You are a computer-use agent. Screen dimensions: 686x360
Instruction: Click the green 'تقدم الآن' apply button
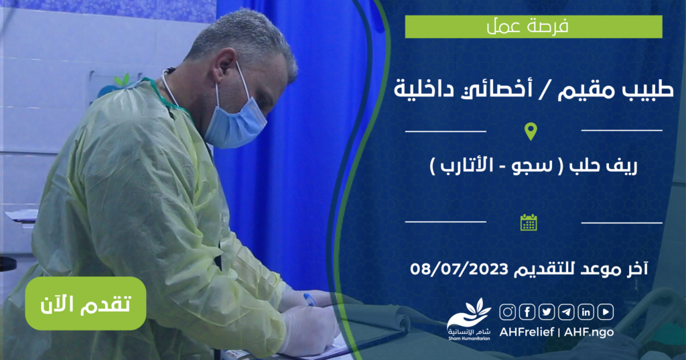point(86,304)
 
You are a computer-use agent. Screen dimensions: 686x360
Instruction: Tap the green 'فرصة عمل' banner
point(533,27)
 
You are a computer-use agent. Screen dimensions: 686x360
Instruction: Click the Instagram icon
point(508,312)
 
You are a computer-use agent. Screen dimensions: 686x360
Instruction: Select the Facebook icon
point(527,312)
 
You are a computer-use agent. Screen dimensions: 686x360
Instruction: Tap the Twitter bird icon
point(547,312)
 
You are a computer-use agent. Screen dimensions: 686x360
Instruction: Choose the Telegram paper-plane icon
point(566,312)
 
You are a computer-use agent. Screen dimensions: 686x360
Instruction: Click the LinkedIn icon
point(586,312)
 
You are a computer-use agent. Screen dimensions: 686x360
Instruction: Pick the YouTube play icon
point(606,312)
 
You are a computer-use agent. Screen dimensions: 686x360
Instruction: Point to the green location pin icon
point(531,131)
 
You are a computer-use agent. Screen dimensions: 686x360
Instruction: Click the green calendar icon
point(529,223)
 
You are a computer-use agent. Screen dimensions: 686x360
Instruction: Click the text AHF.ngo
point(589,332)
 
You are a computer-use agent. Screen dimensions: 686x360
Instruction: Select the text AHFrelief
point(527,332)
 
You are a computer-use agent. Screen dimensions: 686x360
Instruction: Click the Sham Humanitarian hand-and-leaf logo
point(469,319)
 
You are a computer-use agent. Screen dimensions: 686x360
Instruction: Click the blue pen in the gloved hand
point(310,300)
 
